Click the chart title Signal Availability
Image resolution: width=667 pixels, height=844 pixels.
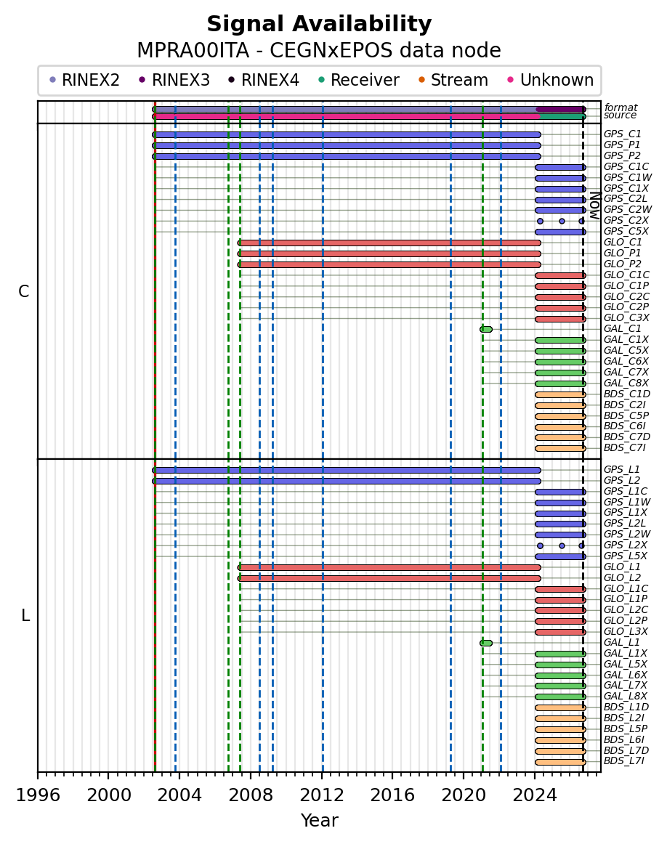(x=319, y=24)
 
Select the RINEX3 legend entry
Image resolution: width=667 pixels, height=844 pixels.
(x=174, y=80)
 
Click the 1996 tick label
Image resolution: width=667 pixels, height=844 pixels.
(x=38, y=795)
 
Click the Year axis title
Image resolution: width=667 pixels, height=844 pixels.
(x=319, y=820)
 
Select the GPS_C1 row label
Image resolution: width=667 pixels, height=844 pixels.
(x=623, y=134)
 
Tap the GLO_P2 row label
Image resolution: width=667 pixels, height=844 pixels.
(x=623, y=264)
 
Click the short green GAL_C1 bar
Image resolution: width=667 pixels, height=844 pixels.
(x=486, y=329)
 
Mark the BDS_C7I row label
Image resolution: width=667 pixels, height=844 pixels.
(x=624, y=448)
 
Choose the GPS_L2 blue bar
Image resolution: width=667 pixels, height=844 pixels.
(x=347, y=482)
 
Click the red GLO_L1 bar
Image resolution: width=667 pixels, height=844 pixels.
(x=389, y=567)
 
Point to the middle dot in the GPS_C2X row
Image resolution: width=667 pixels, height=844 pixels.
(x=562, y=222)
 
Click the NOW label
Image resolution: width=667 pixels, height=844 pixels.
(x=595, y=205)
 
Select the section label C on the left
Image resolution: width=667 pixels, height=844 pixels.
(x=24, y=291)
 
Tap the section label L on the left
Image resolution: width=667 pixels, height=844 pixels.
(x=25, y=615)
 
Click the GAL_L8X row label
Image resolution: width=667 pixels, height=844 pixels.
(x=626, y=696)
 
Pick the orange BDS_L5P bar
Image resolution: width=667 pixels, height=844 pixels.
(x=560, y=729)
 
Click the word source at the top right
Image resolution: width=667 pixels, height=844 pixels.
(x=620, y=115)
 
